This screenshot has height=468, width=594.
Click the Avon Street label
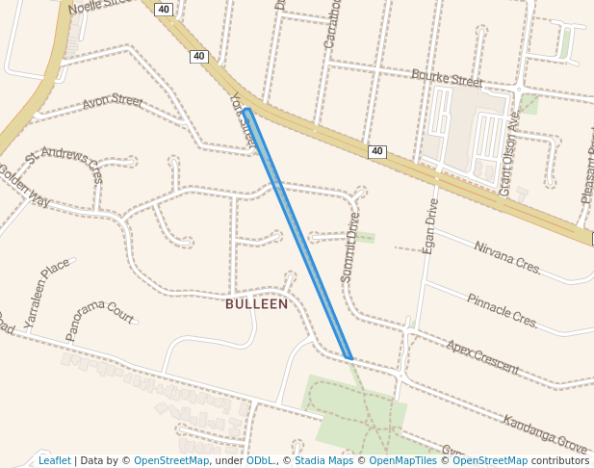[113, 100]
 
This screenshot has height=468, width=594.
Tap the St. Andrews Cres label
[65, 165]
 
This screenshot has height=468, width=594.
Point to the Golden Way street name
[24, 185]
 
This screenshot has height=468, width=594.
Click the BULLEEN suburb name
[256, 304]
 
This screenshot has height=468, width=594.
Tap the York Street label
[244, 121]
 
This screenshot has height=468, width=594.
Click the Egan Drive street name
[430, 226]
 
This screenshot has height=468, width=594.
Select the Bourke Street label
[447, 77]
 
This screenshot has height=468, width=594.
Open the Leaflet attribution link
[54, 460]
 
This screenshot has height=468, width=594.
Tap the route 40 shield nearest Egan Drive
[376, 152]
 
